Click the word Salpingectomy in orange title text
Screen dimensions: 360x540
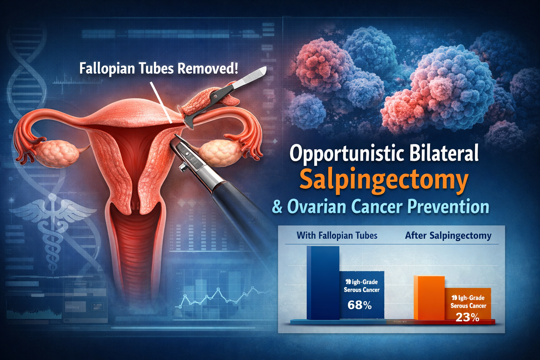384,180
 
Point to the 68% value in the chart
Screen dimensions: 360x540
359,305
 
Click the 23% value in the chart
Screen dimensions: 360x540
468,318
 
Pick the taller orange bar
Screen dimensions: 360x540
429,297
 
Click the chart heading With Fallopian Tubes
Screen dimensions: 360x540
337,236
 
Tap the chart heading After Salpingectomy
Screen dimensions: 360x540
448,236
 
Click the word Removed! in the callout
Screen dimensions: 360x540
207,68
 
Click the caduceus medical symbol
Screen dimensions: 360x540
53,225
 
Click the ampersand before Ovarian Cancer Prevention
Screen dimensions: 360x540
277,207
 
